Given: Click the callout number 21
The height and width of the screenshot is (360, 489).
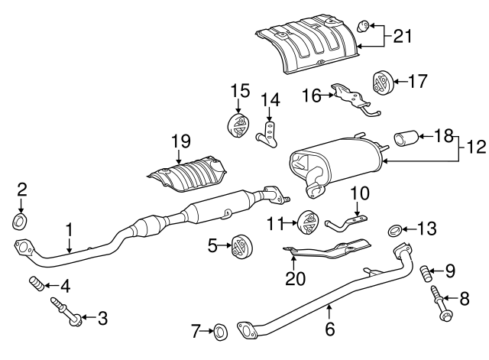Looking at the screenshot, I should pyautogui.click(x=402, y=34).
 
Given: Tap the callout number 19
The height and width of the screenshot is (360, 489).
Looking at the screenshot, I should pyautogui.click(x=180, y=141).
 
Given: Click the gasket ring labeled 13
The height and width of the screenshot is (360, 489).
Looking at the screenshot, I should pyautogui.click(x=395, y=229).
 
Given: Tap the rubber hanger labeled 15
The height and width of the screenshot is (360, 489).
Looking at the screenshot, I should pyautogui.click(x=240, y=124).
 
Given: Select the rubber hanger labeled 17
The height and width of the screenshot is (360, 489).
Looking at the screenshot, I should pyautogui.click(x=381, y=83).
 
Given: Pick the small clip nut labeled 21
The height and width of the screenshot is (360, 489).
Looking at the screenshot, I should pyautogui.click(x=365, y=28).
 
